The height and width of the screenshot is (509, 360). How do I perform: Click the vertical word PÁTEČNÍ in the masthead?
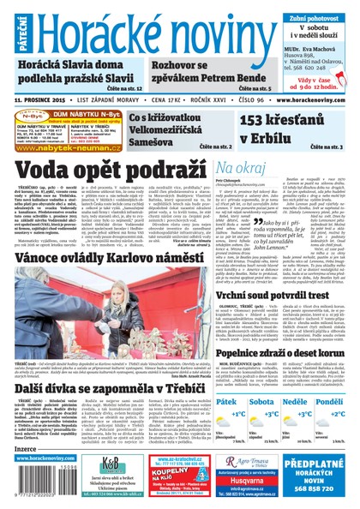tap(8, 29)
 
